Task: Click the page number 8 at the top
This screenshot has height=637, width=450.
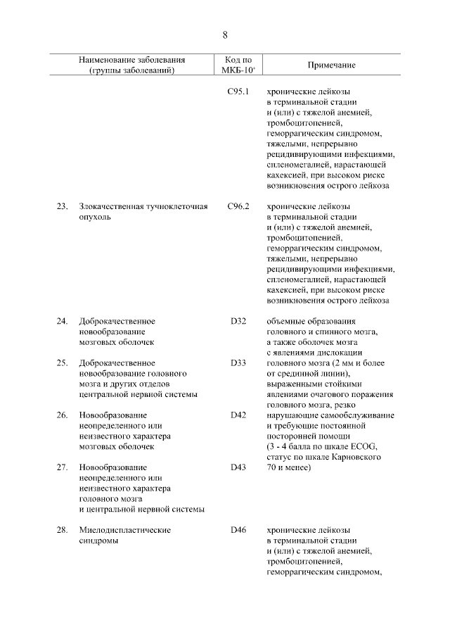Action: pyautogui.click(x=225, y=34)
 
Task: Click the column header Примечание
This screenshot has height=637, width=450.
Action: pyautogui.click(x=331, y=65)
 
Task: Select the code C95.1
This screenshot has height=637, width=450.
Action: pyautogui.click(x=239, y=92)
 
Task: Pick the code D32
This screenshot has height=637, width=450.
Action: pyautogui.click(x=238, y=321)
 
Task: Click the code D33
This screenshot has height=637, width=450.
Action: pyautogui.click(x=238, y=362)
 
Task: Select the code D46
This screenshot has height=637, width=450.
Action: pyautogui.click(x=238, y=530)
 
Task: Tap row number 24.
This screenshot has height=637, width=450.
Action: pyautogui.click(x=62, y=321)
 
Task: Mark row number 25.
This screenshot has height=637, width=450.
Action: pyautogui.click(x=62, y=362)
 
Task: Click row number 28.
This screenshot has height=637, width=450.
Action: pyautogui.click(x=62, y=530)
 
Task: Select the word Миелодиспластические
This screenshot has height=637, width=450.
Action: pyautogui.click(x=125, y=530)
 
